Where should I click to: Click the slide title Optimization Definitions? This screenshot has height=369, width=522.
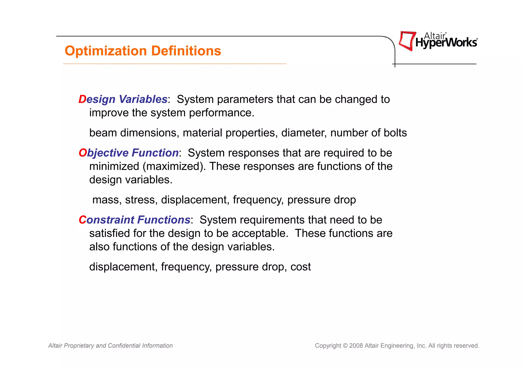coord(143,51)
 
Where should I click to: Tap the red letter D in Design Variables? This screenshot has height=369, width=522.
coord(82,99)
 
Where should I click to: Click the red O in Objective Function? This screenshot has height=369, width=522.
coord(83,153)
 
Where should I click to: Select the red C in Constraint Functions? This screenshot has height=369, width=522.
coord(82,220)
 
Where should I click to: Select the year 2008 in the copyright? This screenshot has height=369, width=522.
coord(356,346)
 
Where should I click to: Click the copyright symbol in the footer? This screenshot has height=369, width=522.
coord(345,346)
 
